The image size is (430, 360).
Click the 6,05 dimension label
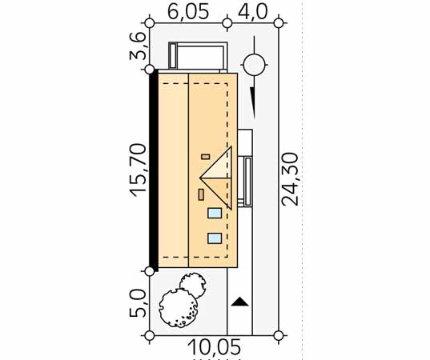[188, 12]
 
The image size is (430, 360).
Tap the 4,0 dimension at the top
[252, 12]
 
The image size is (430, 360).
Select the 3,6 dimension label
[137, 46]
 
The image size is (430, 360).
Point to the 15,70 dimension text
[139, 170]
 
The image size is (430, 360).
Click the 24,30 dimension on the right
[289, 179]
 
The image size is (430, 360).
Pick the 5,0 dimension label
[138, 304]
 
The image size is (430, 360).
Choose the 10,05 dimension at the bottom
[215, 347]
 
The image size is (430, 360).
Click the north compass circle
[254, 65]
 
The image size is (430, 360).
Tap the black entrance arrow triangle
[240, 302]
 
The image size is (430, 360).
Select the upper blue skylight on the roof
[215, 213]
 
